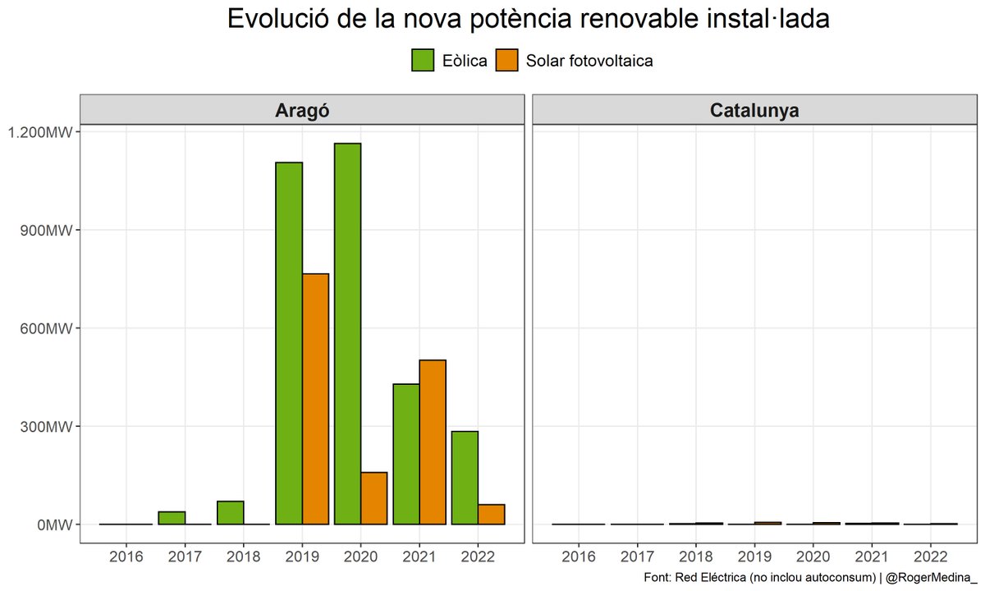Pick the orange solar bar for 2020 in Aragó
tap(373, 498)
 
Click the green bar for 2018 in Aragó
tap(231, 513)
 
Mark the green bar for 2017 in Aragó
tap(172, 518)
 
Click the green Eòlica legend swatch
tap(423, 60)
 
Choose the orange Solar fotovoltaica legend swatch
tap(508, 60)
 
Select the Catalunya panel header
tap(754, 110)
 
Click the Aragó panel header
tap(301, 110)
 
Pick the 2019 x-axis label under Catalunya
tap(754, 557)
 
